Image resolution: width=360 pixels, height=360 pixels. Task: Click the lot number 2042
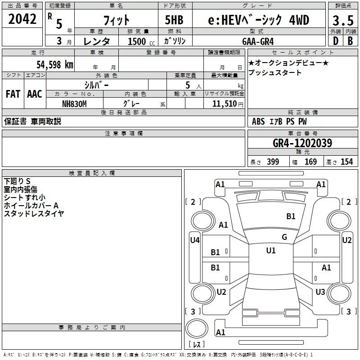coord(22,19)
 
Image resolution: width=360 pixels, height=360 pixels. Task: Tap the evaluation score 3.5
coord(343,20)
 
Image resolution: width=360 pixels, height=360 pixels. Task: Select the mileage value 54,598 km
coord(55,64)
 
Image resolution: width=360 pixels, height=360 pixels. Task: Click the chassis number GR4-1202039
coord(302,143)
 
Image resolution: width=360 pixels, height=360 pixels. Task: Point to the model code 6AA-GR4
coord(258,41)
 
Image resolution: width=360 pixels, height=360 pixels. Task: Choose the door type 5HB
coord(174,20)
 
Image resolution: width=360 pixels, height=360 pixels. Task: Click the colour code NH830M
coord(74,104)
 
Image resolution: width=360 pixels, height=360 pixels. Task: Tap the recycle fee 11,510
coord(224,103)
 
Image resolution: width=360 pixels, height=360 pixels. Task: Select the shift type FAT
coord(13,94)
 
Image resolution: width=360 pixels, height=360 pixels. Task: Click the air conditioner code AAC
coord(35,94)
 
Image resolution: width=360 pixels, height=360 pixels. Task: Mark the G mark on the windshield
coord(284,237)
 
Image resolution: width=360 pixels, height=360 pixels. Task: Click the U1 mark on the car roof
coord(271,251)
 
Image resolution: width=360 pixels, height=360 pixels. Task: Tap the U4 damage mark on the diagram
coord(195,240)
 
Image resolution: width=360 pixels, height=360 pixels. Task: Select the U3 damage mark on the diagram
coord(320,292)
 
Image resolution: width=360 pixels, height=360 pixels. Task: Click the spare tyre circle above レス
coord(197,328)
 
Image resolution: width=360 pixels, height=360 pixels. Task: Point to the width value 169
coord(310,162)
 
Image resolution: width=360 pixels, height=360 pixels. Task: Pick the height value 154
coord(346,162)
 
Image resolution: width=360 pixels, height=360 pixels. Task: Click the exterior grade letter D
coord(336,41)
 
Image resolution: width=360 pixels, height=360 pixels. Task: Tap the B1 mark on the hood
coord(291,216)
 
